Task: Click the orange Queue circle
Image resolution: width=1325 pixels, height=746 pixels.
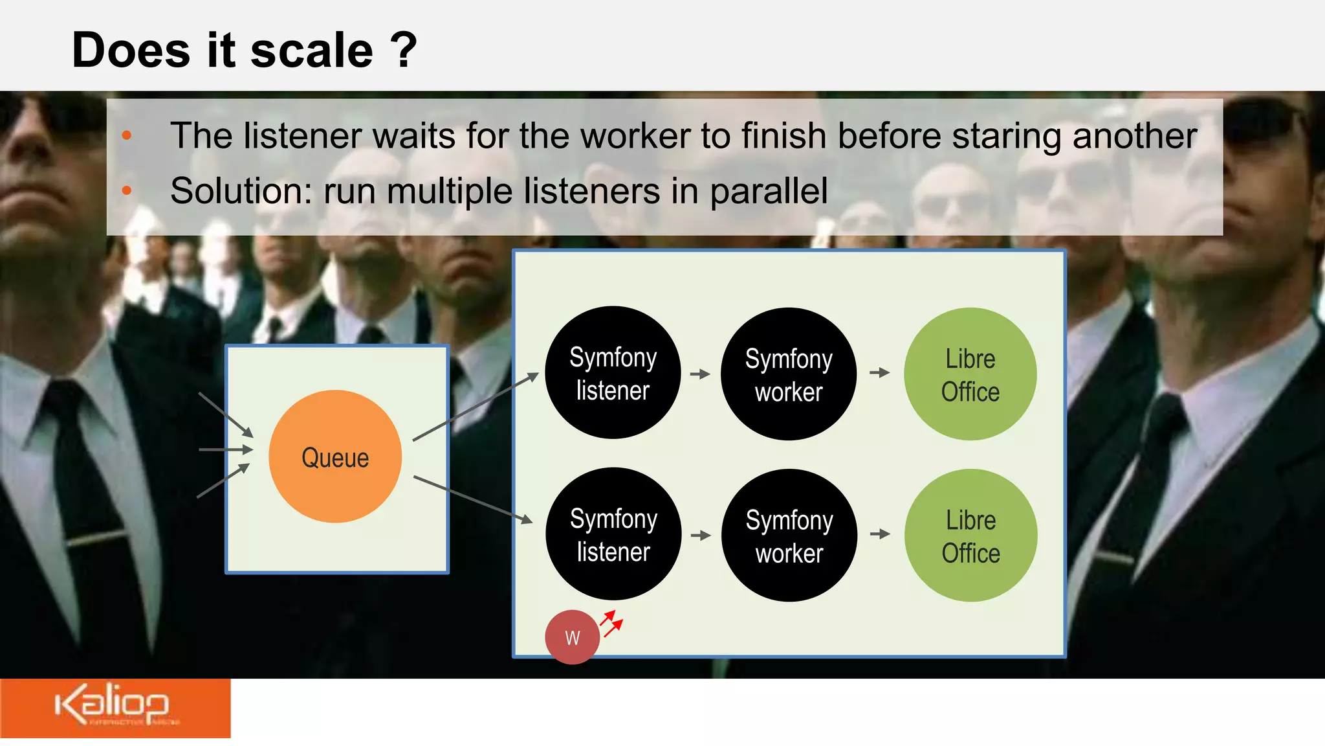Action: pos(335,457)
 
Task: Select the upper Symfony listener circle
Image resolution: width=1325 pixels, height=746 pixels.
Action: pos(613,373)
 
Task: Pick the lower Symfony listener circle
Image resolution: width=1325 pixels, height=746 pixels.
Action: pos(613,534)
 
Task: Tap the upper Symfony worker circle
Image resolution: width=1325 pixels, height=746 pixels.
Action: pos(789,374)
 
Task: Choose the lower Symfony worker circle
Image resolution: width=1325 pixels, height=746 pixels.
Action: pos(789,536)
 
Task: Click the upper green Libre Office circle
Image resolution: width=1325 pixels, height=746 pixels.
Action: pos(970,374)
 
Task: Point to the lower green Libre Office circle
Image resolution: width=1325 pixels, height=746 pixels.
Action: pos(970,536)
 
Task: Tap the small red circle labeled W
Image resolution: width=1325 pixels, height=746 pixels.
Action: pos(572,637)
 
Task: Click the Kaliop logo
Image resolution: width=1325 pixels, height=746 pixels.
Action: pos(113,705)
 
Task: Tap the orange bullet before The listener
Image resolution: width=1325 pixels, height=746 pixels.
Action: pos(127,135)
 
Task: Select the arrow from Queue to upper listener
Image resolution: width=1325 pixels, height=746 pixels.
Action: pos(476,407)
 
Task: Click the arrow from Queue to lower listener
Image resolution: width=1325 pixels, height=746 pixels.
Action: pos(473,499)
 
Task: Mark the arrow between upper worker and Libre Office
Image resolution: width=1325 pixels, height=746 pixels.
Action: pos(879,372)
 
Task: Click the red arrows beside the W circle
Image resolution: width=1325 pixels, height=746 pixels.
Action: pos(611,623)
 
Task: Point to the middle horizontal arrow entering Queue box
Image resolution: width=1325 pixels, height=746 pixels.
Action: pos(225,449)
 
